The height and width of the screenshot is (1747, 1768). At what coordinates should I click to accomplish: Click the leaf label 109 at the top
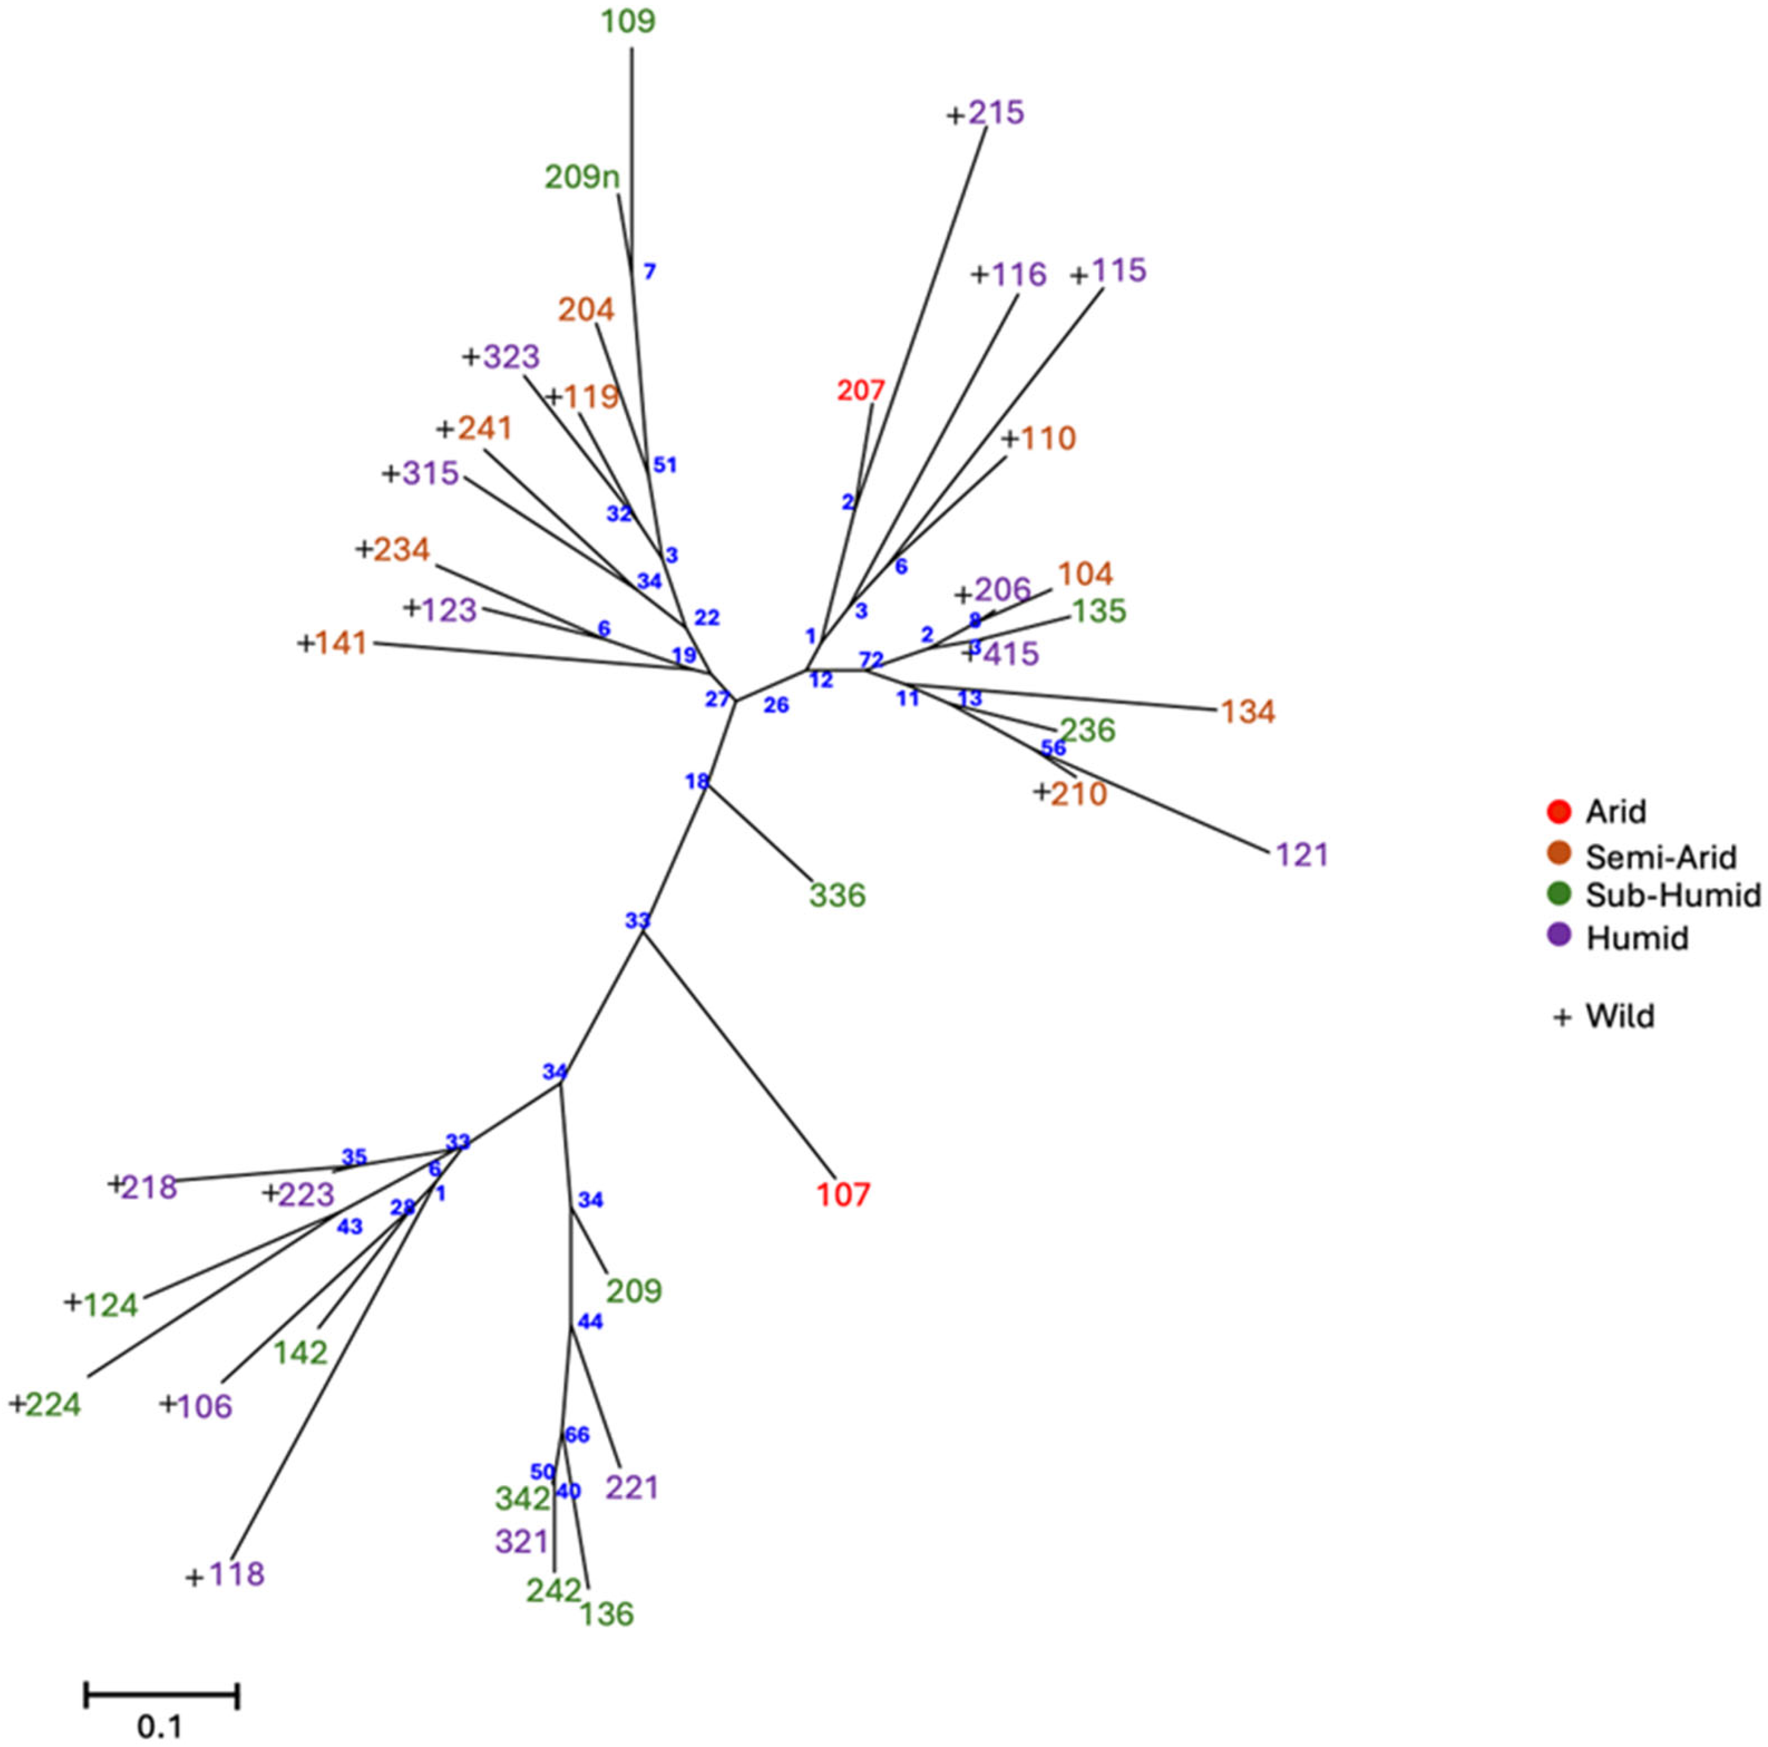point(629,21)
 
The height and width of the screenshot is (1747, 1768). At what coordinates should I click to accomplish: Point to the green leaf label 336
point(837,895)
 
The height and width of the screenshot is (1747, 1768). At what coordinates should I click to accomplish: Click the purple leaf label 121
point(1301,855)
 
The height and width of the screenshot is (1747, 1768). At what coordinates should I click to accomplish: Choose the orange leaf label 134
point(1248,712)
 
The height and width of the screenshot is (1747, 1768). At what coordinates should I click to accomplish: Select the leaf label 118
point(237,1574)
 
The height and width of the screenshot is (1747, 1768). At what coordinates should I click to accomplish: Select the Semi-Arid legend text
point(1661,858)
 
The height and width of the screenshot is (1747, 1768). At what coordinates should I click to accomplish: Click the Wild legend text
point(1620,1016)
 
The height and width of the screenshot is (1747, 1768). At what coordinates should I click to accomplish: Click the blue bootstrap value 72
point(871,659)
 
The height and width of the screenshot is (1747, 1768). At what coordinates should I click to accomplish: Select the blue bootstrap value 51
point(666,465)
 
